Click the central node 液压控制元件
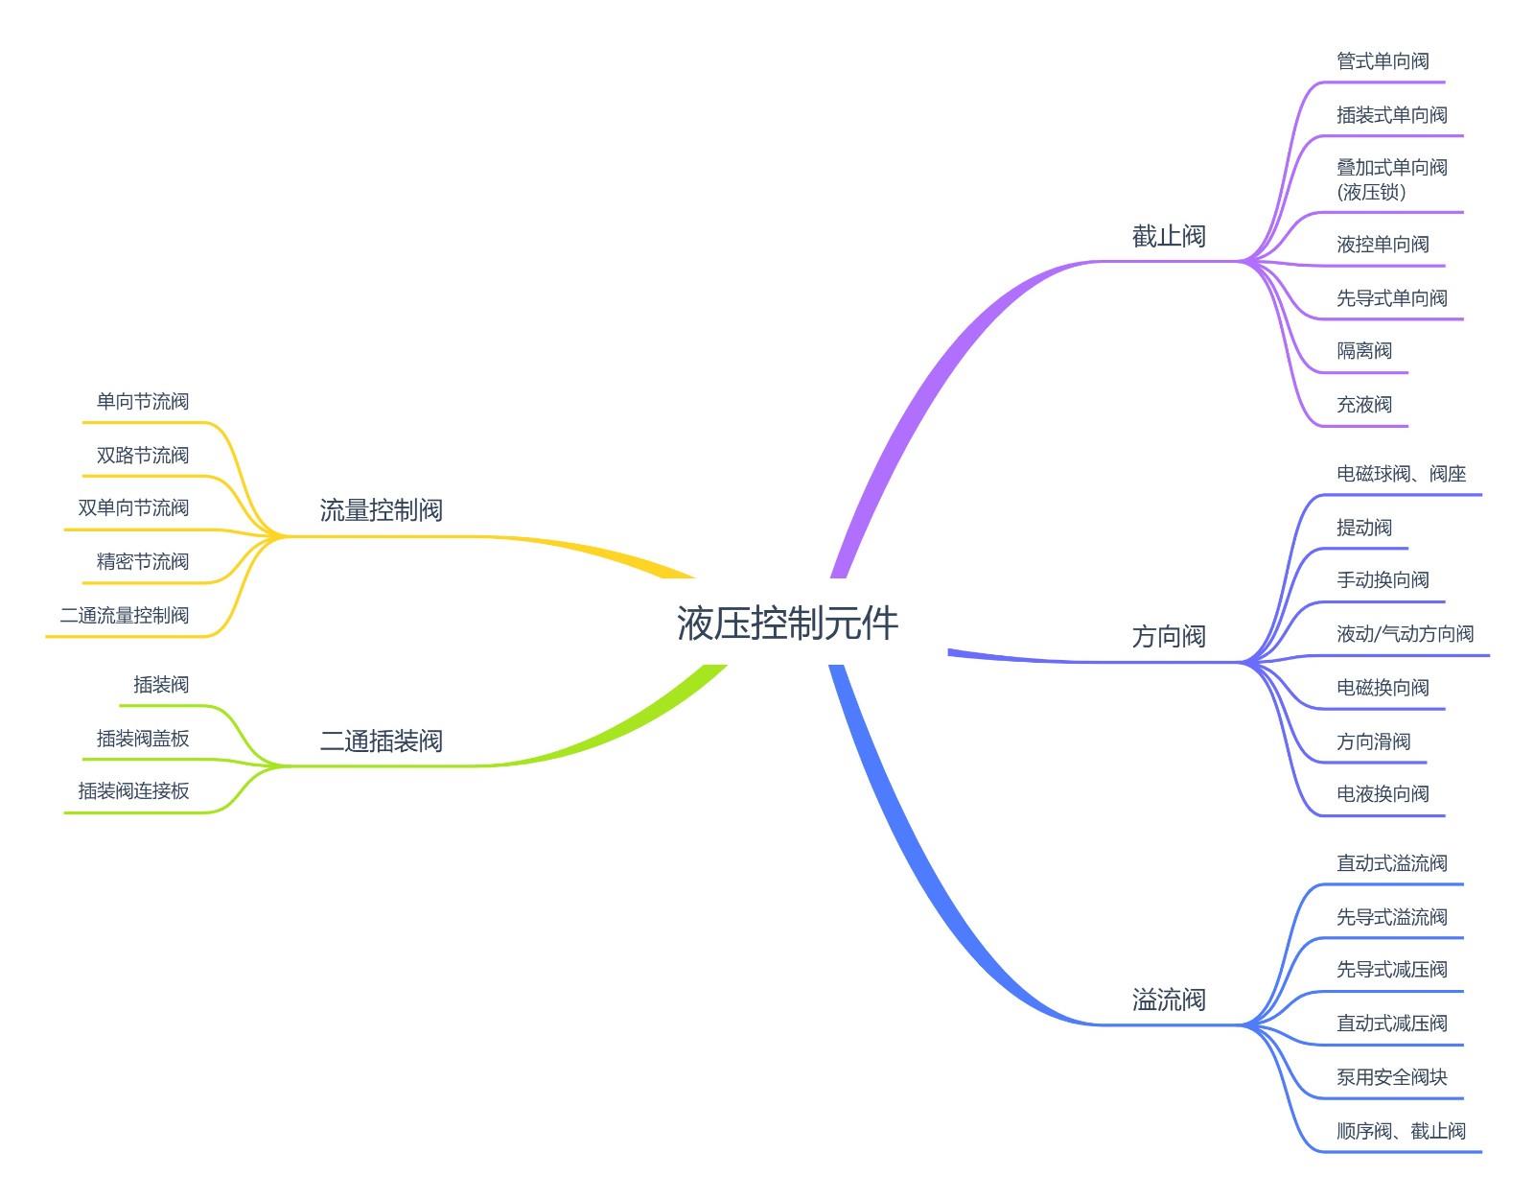pos(787,624)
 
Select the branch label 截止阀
pos(1168,236)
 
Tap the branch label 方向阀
pos(1168,636)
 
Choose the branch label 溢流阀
pos(1168,1000)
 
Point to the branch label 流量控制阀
pos(381,509)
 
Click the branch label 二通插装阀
pos(381,741)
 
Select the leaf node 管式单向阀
pos(1382,61)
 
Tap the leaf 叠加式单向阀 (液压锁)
pos(1391,179)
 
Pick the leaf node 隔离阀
pos(1363,351)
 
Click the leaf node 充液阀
pos(1363,405)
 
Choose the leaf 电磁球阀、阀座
pos(1401,474)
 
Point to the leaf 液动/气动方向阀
pos(1405,634)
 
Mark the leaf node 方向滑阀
pos(1373,741)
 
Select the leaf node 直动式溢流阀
pos(1391,863)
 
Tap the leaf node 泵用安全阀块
pos(1391,1077)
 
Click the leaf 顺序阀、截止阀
pos(1401,1131)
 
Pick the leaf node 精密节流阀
pos(143,561)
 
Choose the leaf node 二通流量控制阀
pos(125,615)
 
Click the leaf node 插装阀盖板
pos(143,738)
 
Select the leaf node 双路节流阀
pos(143,455)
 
